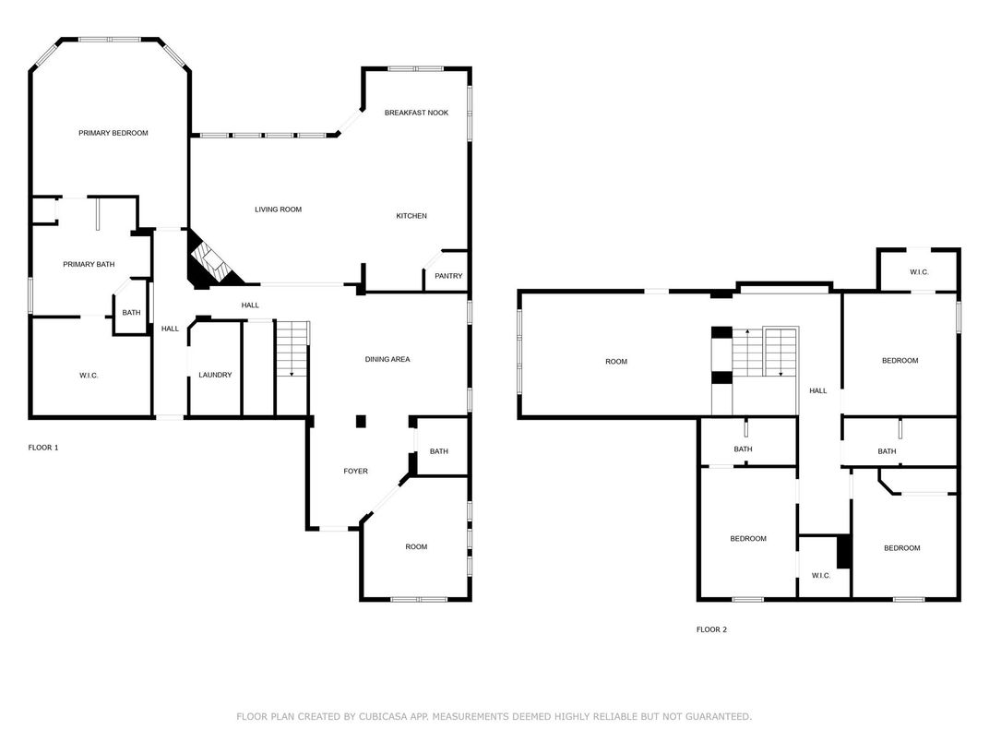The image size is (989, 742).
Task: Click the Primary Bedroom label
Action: point(113,133)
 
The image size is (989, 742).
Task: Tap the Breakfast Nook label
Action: point(416,113)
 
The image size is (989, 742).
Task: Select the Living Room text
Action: point(279,209)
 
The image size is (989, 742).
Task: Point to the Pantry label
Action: point(448,276)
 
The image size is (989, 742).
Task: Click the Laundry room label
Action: point(215,375)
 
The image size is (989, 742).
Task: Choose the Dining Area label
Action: point(387,360)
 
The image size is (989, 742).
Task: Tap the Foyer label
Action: point(356,472)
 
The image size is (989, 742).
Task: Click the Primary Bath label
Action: point(89,264)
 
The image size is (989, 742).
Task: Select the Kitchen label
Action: point(411,216)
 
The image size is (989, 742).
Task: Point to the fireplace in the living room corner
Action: point(212,262)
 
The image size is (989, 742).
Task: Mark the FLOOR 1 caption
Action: point(43,448)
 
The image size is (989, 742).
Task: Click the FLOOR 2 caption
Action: point(711,629)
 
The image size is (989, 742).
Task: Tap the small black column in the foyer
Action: point(361,422)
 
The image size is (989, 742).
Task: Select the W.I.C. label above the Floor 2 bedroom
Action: point(919,272)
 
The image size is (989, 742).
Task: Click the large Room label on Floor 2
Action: point(616,362)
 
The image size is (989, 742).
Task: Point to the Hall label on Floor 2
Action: point(818,391)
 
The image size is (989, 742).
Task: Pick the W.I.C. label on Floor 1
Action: point(89,376)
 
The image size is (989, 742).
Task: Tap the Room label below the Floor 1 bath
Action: point(416,547)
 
